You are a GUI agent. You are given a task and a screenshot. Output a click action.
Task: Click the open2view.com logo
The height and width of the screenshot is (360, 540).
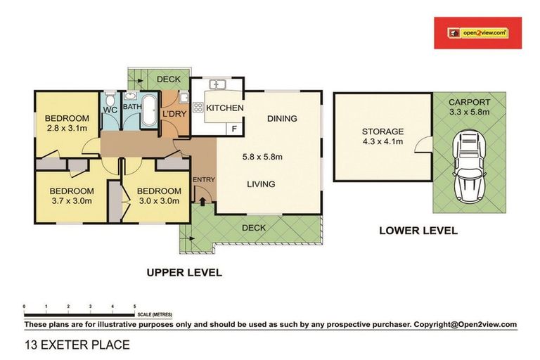[x=477, y=32]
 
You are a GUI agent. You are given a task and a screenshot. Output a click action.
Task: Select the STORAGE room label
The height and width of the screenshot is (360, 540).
[x=382, y=131]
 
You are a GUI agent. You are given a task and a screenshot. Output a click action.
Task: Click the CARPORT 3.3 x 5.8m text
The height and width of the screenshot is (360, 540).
[x=469, y=106]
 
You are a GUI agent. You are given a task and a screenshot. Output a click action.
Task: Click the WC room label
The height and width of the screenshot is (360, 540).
[x=110, y=110]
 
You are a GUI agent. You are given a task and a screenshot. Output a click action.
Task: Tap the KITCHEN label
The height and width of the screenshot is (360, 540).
[x=225, y=108]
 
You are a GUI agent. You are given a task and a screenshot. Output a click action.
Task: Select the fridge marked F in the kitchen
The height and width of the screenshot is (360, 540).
[x=234, y=129]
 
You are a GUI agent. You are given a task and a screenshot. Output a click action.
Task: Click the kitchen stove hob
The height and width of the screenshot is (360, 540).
[x=198, y=108]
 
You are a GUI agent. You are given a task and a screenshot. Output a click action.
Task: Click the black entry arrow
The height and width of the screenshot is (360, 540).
[x=202, y=202]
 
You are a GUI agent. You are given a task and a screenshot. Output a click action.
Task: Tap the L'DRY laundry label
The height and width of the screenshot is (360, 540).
[x=173, y=113]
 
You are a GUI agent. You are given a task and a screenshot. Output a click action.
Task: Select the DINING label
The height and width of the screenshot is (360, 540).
[x=282, y=119]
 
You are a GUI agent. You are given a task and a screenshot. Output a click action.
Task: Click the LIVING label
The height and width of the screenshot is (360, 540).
[x=260, y=184]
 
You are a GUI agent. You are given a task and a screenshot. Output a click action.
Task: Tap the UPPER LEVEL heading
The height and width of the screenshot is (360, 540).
[x=184, y=272]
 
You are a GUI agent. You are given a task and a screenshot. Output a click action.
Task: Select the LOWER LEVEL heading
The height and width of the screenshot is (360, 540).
[x=418, y=230]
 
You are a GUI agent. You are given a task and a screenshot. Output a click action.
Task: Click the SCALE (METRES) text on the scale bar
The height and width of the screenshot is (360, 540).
[x=155, y=314]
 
